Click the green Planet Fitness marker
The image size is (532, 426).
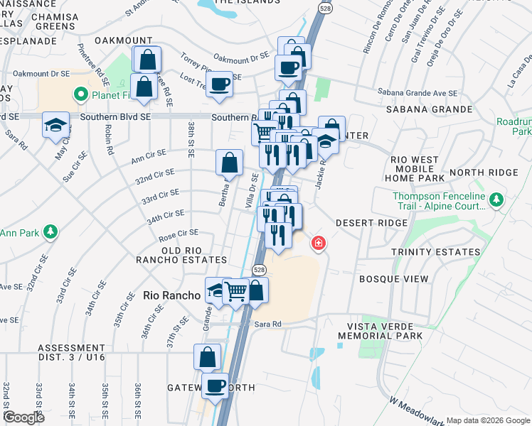[x=81, y=93]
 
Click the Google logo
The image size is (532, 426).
[x=24, y=417]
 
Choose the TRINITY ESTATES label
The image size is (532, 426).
[x=436, y=252]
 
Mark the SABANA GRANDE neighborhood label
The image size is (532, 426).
[x=429, y=109]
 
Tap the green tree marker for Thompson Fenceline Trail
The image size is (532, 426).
[x=496, y=201]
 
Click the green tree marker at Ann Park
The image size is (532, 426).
[x=50, y=231]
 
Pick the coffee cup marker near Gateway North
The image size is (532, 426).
[x=216, y=386]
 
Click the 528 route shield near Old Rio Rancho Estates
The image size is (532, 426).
[x=259, y=269]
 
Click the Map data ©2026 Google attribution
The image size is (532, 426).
[x=487, y=420]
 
